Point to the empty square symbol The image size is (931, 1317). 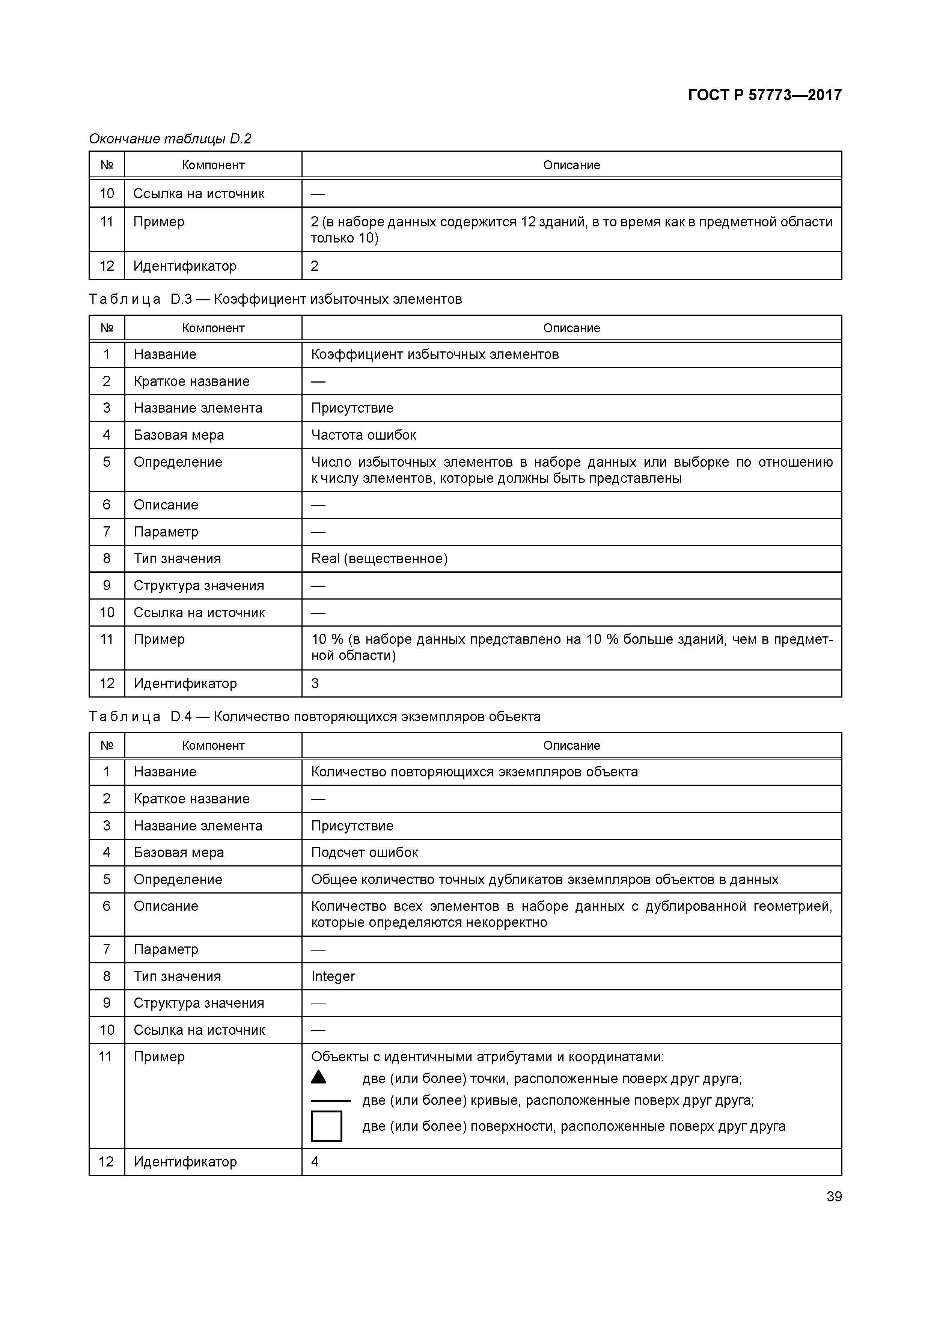click(326, 1126)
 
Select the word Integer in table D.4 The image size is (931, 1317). click(333, 976)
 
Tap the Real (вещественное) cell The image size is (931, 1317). click(379, 559)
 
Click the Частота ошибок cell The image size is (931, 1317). click(364, 435)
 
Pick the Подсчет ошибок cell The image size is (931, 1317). click(365, 852)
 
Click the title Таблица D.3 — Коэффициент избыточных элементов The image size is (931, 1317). click(275, 300)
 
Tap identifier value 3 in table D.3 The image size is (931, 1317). click(315, 683)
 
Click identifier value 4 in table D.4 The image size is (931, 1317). click(315, 1162)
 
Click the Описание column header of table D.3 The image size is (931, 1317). click(571, 328)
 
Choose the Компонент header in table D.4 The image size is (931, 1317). click(213, 746)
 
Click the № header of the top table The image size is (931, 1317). click(107, 165)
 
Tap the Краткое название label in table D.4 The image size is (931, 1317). click(191, 799)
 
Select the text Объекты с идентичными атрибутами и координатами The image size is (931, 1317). click(487, 1056)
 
